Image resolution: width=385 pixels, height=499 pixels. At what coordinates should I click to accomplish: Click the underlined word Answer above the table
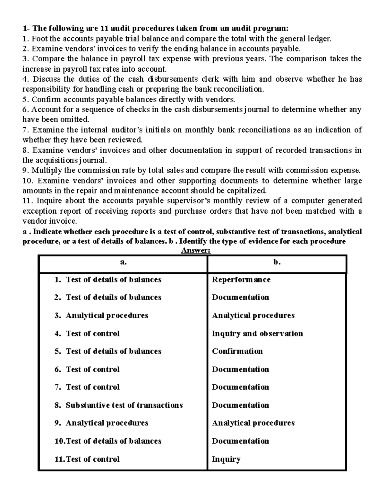(x=196, y=251)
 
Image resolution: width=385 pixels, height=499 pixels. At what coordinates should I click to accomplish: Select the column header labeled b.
(x=277, y=262)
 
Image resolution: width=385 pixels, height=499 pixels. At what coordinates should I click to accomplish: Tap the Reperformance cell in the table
(x=241, y=280)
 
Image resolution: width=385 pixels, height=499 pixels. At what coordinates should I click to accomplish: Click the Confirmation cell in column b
(x=237, y=351)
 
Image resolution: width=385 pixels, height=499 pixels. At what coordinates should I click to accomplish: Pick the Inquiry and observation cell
(x=257, y=334)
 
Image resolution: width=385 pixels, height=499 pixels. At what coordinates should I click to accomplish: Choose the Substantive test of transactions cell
(x=124, y=405)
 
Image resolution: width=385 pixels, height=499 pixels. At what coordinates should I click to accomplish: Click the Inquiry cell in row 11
(x=226, y=459)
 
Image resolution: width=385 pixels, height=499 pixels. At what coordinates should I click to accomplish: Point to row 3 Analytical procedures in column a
(x=107, y=316)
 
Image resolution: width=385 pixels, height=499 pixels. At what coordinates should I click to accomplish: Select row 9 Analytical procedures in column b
(x=253, y=423)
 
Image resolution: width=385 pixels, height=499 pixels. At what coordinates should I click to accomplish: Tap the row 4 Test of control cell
(x=92, y=334)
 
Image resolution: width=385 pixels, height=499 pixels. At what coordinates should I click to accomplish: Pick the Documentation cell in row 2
(x=240, y=298)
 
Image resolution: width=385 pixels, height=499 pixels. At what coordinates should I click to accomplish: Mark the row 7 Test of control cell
(x=92, y=387)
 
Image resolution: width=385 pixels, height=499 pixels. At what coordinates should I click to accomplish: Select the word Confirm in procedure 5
(x=44, y=99)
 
